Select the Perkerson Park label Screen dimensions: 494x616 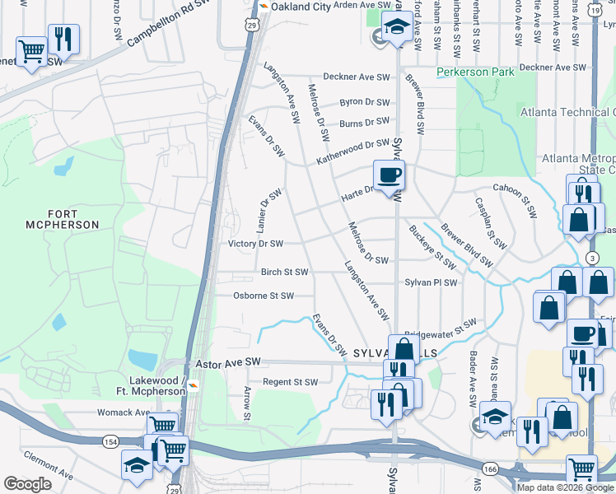pyautogui.click(x=475, y=72)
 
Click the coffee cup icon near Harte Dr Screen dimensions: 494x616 pyautogui.click(x=389, y=175)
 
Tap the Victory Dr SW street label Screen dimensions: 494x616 pyautogui.click(x=255, y=244)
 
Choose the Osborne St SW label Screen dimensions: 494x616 pyautogui.click(x=263, y=296)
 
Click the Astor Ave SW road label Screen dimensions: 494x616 pyautogui.click(x=227, y=362)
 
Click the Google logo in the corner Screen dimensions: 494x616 pyautogui.click(x=27, y=484)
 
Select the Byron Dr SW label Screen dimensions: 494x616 pyautogui.click(x=364, y=103)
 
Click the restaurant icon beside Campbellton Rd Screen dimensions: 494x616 pyautogui.click(x=63, y=38)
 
